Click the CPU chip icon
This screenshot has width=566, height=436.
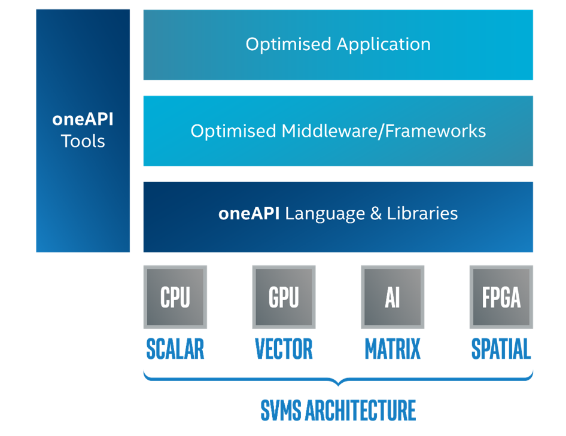(x=175, y=297)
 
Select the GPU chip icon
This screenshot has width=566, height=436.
(x=284, y=297)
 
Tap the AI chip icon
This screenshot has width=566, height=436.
(x=392, y=297)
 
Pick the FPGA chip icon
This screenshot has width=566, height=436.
(x=501, y=297)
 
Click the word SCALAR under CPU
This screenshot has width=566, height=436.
(x=175, y=349)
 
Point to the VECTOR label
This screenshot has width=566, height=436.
(x=284, y=349)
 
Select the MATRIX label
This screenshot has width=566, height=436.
(x=392, y=349)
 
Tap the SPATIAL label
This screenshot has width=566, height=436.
(x=501, y=349)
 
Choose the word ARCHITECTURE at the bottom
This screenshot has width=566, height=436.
(x=360, y=411)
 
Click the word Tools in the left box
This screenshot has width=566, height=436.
(x=83, y=142)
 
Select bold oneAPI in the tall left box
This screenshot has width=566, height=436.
(x=83, y=119)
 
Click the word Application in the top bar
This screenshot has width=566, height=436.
(x=384, y=45)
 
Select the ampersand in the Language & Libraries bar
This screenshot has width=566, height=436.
(x=376, y=214)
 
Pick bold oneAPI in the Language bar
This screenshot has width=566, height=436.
(x=249, y=214)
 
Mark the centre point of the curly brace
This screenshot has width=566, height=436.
(x=338, y=382)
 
